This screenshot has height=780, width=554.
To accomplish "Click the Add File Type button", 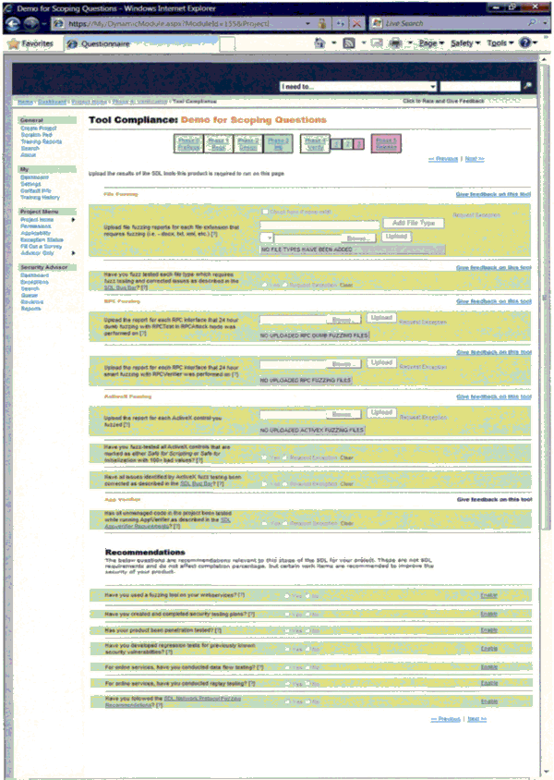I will pyautogui.click(x=413, y=223).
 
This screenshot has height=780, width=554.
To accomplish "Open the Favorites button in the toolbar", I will pyautogui.click(x=31, y=43).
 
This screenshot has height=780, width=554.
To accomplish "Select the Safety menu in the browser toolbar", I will pyautogui.click(x=463, y=43).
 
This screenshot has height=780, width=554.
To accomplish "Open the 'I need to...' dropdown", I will pyautogui.click(x=359, y=86).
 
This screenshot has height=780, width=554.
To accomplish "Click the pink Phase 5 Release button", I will pyautogui.click(x=385, y=143).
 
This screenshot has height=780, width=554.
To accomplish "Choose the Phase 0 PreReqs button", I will pyautogui.click(x=187, y=143).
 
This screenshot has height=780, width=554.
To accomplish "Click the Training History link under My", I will pyautogui.click(x=40, y=197).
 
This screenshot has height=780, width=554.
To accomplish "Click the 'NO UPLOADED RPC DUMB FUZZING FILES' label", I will pyautogui.click(x=315, y=334).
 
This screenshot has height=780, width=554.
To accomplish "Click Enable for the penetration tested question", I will pyautogui.click(x=488, y=629).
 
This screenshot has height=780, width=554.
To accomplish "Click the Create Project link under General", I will pyautogui.click(x=39, y=128).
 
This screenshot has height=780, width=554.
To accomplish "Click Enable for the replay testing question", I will pyautogui.click(x=488, y=683).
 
